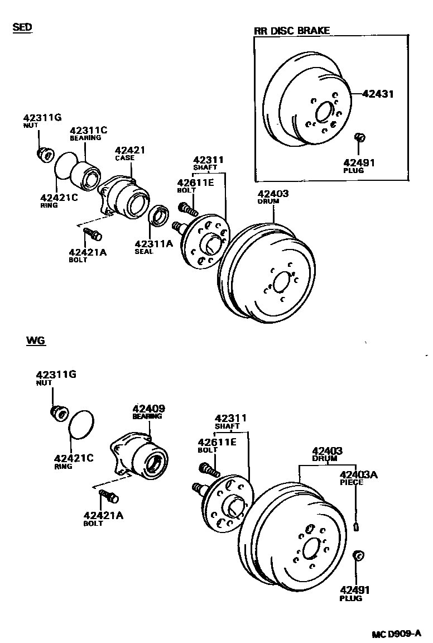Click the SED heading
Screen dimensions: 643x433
pyautogui.click(x=22, y=27)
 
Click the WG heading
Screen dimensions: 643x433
pyautogui.click(x=35, y=340)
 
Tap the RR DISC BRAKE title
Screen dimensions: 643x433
pyautogui.click(x=292, y=31)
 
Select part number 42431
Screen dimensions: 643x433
pyautogui.click(x=378, y=94)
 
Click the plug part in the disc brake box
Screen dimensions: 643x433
pyautogui.click(x=360, y=137)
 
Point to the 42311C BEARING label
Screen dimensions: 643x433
pyautogui.click(x=88, y=133)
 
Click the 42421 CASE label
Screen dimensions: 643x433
pyautogui.click(x=130, y=153)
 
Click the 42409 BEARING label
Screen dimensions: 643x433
pyautogui.click(x=148, y=412)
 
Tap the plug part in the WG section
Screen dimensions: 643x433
pyautogui.click(x=358, y=556)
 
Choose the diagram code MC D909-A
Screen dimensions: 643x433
pyautogui.click(x=396, y=634)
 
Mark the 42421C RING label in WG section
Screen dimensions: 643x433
pyautogui.click(x=74, y=462)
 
